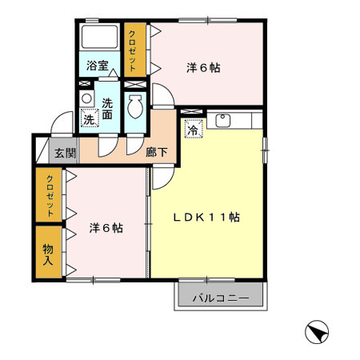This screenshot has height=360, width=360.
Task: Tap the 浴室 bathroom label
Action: (x=98, y=66)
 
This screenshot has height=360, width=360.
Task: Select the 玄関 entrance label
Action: (x=65, y=152)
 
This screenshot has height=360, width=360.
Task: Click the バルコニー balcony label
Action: (x=221, y=299)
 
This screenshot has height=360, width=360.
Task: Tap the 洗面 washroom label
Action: (x=110, y=107)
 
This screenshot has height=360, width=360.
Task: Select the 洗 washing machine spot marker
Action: (x=89, y=120)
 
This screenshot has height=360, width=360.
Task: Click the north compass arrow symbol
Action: (x=318, y=332)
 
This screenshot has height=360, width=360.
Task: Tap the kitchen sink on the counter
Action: (x=222, y=121)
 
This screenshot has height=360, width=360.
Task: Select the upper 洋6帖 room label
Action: (x=203, y=68)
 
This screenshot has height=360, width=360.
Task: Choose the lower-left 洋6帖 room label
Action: (x=106, y=228)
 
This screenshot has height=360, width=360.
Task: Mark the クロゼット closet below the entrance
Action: (x=49, y=195)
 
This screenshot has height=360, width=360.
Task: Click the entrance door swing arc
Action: (x=58, y=126)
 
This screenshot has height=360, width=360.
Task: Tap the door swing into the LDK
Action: (x=160, y=178)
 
